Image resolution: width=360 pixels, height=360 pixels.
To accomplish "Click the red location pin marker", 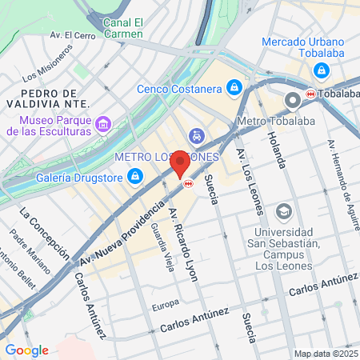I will point(180,163).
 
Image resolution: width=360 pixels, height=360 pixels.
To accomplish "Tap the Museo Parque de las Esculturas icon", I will point(102,125).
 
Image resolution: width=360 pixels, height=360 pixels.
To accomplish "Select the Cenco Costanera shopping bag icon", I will point(234,86).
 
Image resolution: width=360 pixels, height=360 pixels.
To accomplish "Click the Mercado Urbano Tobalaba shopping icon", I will point(321,70).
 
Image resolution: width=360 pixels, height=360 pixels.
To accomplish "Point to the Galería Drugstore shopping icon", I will point(137,175).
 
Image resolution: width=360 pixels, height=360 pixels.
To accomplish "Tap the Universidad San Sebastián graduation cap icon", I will point(283,211).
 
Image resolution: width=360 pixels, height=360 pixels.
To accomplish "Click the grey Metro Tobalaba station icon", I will point(292,100).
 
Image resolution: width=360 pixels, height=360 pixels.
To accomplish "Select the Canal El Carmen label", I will point(122,29).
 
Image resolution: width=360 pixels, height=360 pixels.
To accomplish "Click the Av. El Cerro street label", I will point(73,35).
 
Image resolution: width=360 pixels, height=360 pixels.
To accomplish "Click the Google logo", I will point(26,350).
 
